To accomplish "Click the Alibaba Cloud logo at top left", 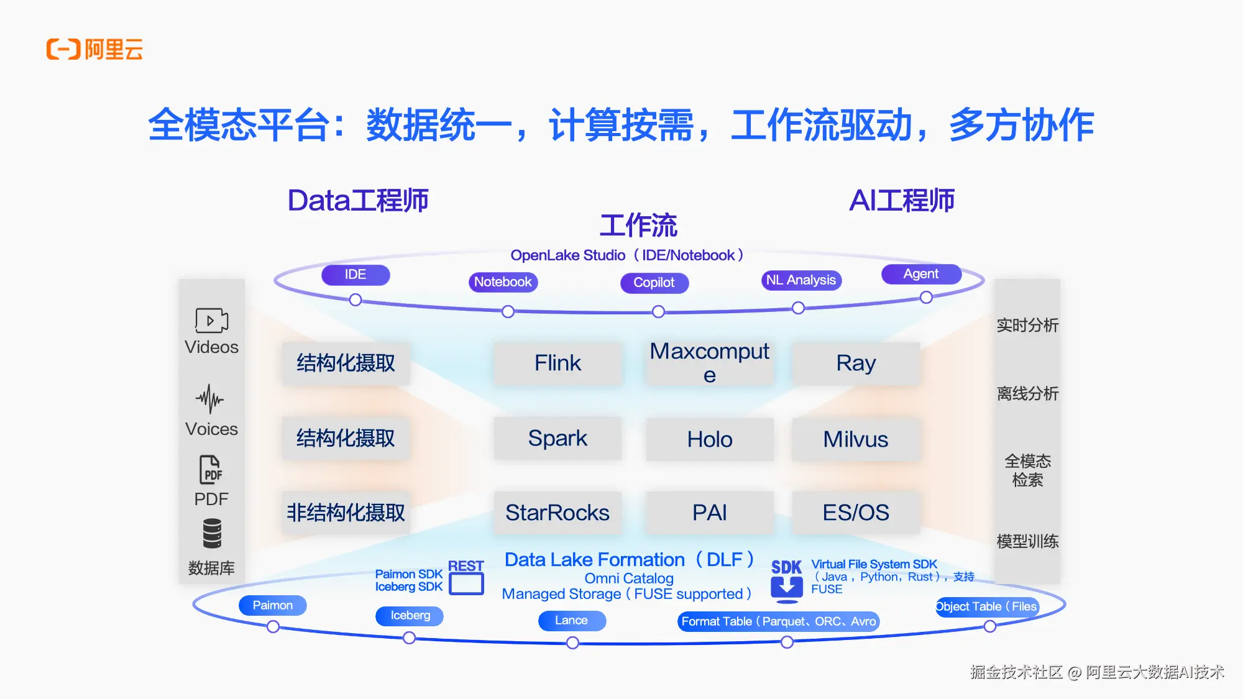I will click(x=94, y=49).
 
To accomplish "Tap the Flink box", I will click(x=557, y=363).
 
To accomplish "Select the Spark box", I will click(x=557, y=438).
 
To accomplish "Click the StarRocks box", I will click(x=557, y=513).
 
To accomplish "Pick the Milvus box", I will click(x=855, y=439).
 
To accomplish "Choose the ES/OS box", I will click(x=855, y=513).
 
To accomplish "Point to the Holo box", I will click(x=709, y=439).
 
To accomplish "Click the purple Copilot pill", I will click(x=654, y=283).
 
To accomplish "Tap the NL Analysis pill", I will click(x=800, y=280).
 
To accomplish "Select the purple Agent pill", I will click(x=920, y=274).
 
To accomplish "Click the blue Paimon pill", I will click(x=272, y=605).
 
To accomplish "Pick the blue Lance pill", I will click(x=571, y=620).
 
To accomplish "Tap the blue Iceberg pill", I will click(x=410, y=615).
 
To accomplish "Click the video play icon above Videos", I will click(x=211, y=321).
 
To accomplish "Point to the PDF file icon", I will click(x=211, y=470).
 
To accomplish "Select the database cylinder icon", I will click(x=211, y=534).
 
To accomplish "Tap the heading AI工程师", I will click(x=901, y=201).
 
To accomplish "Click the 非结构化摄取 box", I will click(x=346, y=513).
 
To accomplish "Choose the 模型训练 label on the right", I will click(x=1027, y=541).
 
